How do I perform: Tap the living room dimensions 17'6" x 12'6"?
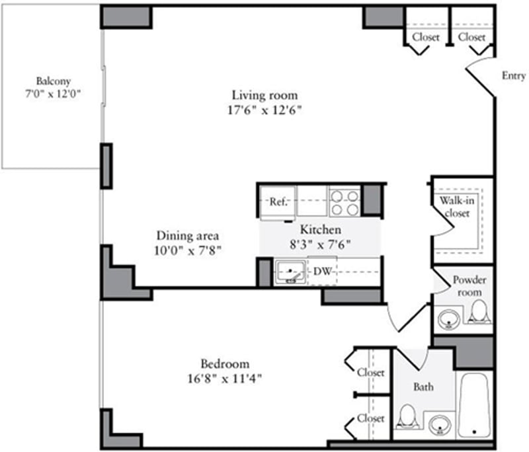click(264, 110)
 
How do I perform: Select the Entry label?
click(513, 76)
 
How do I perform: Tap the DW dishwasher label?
click(322, 271)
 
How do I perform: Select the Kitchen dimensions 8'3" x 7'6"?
click(321, 244)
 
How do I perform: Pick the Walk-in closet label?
click(454, 207)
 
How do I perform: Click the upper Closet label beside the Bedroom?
click(371, 373)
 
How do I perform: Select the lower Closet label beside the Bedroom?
click(371, 418)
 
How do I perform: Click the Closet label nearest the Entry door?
click(471, 37)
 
